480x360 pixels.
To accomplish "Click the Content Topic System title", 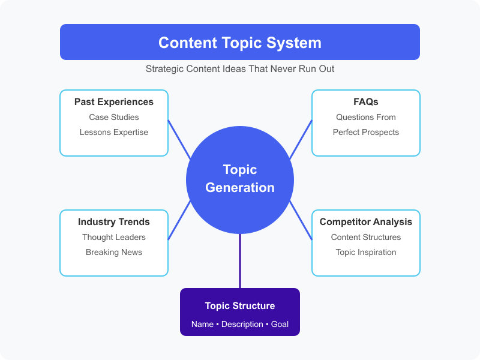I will pos(240,43).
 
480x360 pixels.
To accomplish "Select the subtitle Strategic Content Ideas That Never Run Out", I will pos(240,69).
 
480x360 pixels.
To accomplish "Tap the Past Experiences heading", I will pos(114,102).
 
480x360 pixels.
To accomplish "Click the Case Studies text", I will pos(114,117).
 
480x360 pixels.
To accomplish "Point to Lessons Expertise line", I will pos(114,132).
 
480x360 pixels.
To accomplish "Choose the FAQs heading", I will pos(366,102).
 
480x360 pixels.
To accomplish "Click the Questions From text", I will pos(366,117).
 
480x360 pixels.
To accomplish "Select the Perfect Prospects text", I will pos(366,132).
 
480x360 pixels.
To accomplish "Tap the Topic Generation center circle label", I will pos(240,178).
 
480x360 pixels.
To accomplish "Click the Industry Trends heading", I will pos(114,222).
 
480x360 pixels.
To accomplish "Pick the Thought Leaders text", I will pos(114,237).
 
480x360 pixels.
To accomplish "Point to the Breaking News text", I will pos(114,252).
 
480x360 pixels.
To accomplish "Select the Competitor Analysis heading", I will pos(366,222).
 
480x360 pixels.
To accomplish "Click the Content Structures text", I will pos(366,237).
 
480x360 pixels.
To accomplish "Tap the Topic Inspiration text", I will pos(366,252).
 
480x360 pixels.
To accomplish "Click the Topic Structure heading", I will pos(240,306).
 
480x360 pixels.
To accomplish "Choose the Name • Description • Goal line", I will pos(240,324).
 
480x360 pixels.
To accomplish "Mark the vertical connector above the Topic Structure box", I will pos(240,261).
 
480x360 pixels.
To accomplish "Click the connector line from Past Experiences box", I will pos(179,139).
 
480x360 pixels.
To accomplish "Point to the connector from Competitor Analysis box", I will pos(301,221).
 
